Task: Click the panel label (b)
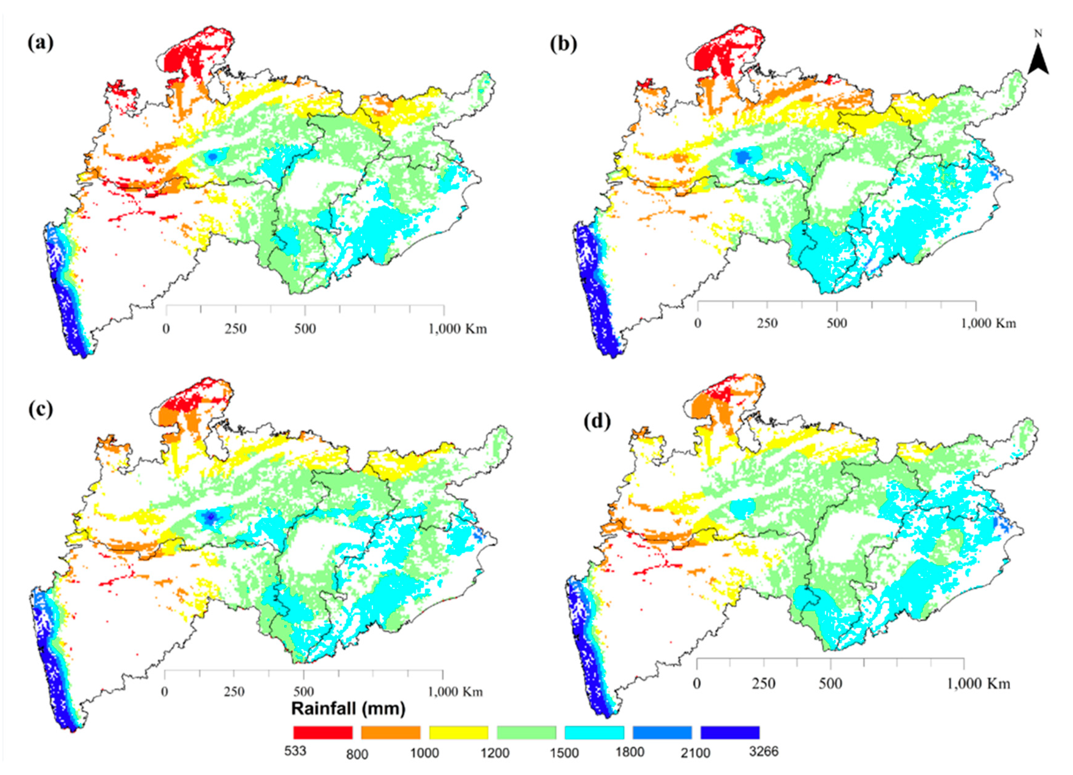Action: point(563,44)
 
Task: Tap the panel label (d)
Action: point(597,421)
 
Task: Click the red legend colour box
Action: point(323,733)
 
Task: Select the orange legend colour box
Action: point(391,733)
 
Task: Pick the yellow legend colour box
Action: point(458,733)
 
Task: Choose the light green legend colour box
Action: point(526,733)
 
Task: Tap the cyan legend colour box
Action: point(594,733)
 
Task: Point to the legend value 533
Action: point(295,751)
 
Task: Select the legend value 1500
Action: point(564,753)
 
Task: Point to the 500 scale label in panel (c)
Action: point(303,692)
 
